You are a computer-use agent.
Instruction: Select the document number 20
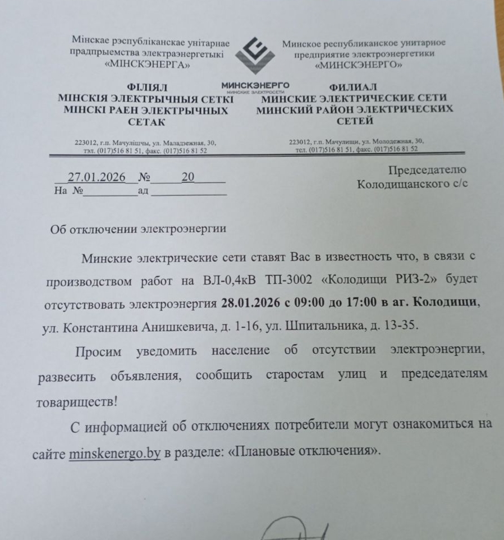click(187, 177)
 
